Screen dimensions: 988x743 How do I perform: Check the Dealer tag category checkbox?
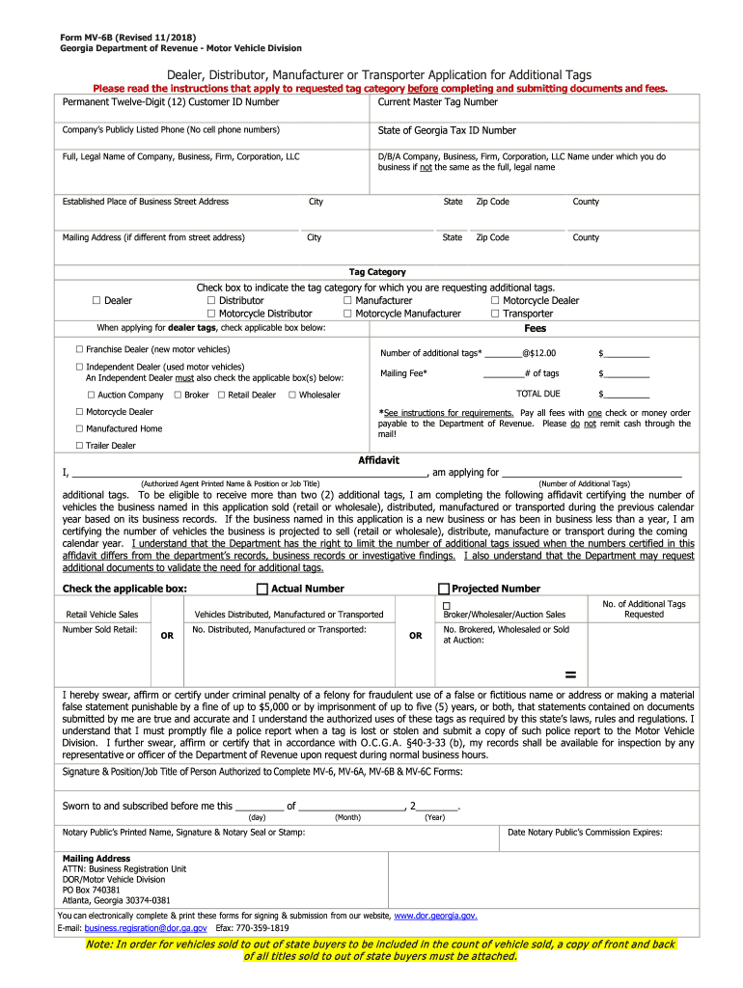click(96, 301)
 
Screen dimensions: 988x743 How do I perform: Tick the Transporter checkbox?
click(495, 314)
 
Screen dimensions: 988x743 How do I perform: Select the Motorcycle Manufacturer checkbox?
click(347, 314)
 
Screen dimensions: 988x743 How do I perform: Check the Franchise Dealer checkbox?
click(80, 349)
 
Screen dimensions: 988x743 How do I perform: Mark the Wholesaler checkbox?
click(291, 395)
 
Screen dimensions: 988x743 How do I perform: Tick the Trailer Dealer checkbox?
click(80, 446)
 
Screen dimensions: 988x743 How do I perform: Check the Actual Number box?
click(261, 589)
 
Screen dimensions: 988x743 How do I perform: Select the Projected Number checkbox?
click(444, 589)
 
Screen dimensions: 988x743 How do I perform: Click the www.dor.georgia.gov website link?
click(435, 916)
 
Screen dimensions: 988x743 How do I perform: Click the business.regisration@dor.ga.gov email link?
click(146, 928)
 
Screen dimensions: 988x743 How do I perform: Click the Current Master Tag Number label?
click(437, 102)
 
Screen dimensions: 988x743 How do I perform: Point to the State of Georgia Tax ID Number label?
click(447, 130)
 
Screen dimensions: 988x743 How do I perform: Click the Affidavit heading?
click(378, 460)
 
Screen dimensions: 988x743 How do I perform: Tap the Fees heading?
click(535, 328)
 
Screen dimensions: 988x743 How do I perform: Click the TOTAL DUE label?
click(537, 394)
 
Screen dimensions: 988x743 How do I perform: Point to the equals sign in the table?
click(569, 673)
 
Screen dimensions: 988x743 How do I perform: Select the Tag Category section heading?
click(377, 272)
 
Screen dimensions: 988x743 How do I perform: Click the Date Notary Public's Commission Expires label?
click(585, 832)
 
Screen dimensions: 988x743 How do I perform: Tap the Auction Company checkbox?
click(92, 395)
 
